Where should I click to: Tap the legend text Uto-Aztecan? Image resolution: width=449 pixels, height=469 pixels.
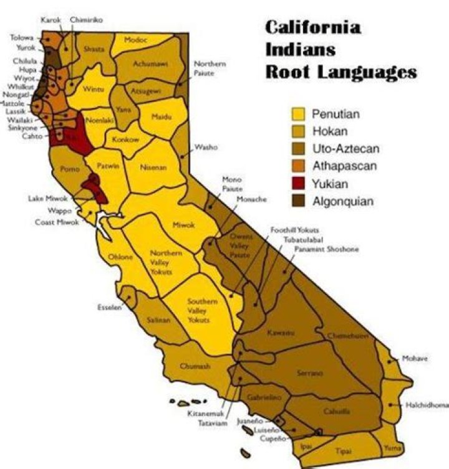click(x=345, y=149)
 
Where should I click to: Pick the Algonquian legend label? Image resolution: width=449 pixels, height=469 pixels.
click(x=343, y=201)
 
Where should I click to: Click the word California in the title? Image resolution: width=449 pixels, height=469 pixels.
click(x=313, y=28)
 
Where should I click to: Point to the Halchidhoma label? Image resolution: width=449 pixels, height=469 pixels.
click(x=427, y=405)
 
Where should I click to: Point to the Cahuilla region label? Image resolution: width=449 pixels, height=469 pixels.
click(x=337, y=411)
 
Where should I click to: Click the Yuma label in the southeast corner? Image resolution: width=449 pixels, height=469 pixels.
click(x=392, y=447)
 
